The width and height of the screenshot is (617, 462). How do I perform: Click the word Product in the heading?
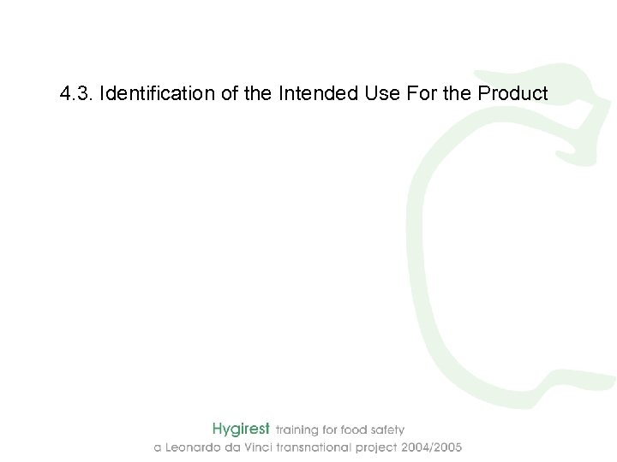(512, 92)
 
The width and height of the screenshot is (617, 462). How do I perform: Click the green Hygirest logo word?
(241, 429)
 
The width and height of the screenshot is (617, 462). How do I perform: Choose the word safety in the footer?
(388, 429)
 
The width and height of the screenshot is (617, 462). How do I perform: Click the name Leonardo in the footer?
(191, 447)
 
